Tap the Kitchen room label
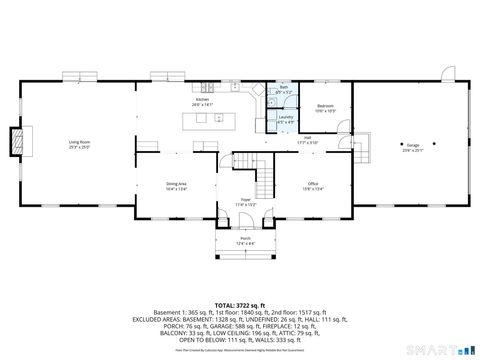(x=203, y=101)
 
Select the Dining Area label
(x=176, y=184)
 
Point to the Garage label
(x=412, y=147)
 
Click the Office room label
(x=312, y=184)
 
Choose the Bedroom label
(x=325, y=106)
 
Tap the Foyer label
(x=245, y=201)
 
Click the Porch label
(x=245, y=239)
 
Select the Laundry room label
(x=285, y=119)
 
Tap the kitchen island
(x=205, y=120)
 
